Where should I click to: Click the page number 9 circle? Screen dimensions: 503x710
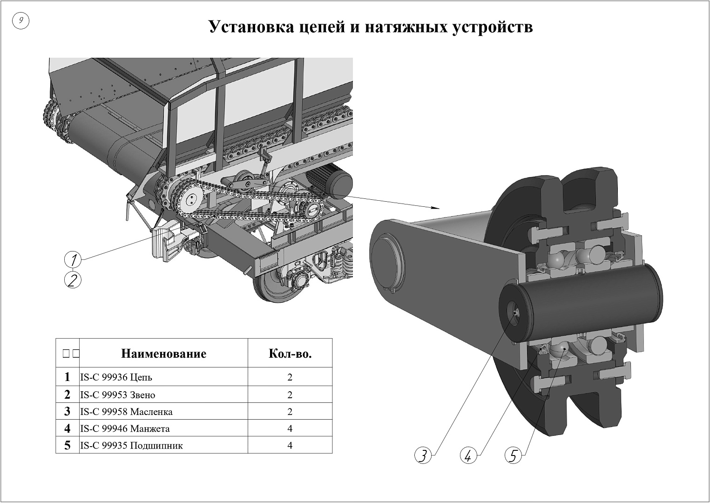(x=20, y=20)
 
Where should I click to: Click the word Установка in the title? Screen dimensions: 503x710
(x=249, y=27)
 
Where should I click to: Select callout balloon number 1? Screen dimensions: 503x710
(x=73, y=259)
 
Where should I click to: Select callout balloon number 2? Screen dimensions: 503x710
(x=73, y=280)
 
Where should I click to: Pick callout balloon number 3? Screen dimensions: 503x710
(x=423, y=455)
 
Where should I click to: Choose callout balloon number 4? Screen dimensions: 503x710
(x=468, y=455)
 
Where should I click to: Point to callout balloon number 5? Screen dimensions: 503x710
(x=513, y=455)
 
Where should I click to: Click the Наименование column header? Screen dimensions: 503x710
(x=163, y=353)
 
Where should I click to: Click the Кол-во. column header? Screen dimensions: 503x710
(x=290, y=353)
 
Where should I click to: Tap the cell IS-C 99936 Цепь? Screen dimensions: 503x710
(x=116, y=377)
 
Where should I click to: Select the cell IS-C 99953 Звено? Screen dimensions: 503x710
(x=118, y=395)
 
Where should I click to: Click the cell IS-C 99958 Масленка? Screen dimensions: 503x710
(x=126, y=412)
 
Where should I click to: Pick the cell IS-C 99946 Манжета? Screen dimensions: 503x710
(x=125, y=428)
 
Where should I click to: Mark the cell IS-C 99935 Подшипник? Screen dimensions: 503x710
(x=131, y=445)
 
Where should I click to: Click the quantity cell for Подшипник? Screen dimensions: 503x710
(x=290, y=445)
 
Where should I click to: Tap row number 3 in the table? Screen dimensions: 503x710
(x=68, y=412)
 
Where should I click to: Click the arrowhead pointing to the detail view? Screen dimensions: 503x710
(x=435, y=208)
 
